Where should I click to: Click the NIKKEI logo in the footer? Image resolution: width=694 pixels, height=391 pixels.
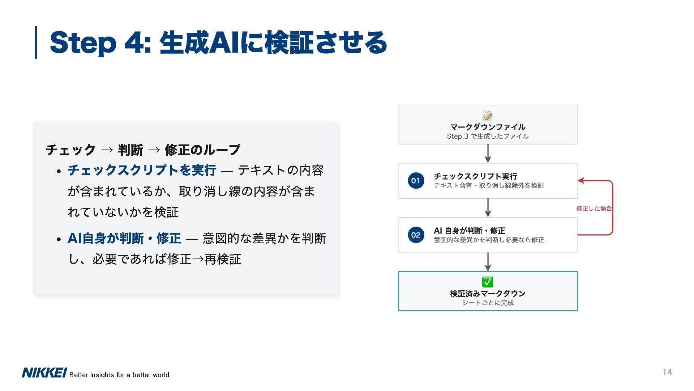44,373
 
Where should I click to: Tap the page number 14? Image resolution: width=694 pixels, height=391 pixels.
667,372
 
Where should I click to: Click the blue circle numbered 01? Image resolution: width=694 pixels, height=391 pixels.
416,181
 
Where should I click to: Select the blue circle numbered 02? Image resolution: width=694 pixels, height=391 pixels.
416,235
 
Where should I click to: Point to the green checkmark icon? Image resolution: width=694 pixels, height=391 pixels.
488,282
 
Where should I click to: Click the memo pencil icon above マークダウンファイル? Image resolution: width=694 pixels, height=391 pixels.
488,115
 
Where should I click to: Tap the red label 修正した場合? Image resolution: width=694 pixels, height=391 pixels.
594,208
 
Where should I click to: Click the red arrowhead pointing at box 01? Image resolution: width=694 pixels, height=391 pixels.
581,181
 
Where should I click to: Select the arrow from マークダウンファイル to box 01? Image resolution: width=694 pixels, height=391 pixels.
488,154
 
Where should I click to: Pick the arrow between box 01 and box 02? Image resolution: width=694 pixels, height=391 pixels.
488,208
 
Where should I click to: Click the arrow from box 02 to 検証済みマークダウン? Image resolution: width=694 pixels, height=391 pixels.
488,262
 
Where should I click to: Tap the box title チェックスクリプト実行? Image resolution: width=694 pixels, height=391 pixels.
475,176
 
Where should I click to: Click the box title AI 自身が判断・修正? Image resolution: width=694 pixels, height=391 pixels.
469,231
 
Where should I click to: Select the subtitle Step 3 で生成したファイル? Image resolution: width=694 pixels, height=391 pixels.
488,136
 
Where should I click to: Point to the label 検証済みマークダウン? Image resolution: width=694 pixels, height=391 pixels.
488,294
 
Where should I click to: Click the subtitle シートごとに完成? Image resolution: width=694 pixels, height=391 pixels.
488,303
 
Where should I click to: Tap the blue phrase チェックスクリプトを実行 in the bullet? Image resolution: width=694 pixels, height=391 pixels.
142,170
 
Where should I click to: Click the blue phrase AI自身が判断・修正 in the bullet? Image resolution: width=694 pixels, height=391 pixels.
124,238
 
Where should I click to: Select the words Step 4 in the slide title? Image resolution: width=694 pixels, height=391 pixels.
97,43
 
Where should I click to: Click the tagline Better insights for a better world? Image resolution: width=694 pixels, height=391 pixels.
119,375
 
